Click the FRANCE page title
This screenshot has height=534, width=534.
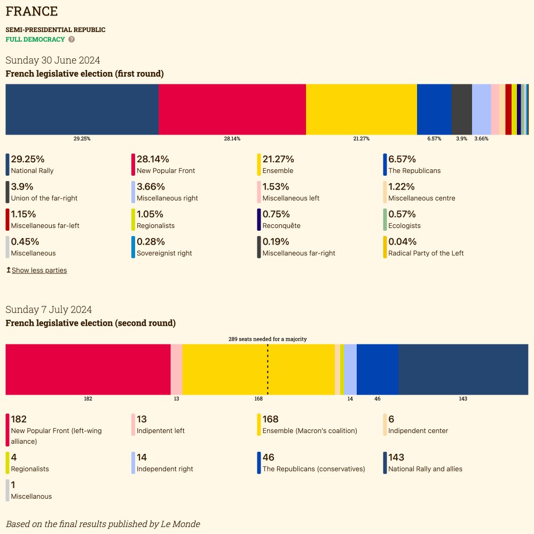pos(32,11)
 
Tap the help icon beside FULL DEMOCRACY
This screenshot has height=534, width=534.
pos(72,40)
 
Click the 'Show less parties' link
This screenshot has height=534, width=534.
pos(39,270)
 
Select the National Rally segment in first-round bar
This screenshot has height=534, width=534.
pos(82,109)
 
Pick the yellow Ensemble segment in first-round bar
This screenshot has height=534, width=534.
pos(361,109)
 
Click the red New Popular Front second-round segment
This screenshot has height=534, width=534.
pos(88,369)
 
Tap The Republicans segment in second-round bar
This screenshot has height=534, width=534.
pos(377,369)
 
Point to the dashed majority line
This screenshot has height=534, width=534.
pos(268,369)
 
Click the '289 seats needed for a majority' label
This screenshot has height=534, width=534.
pos(268,339)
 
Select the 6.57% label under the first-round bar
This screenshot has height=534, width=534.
pos(434,139)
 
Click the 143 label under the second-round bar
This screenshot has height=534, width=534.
pos(463,399)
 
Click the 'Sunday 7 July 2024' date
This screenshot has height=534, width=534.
pos(49,310)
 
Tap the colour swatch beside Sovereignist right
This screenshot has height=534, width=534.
pos(133,248)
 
